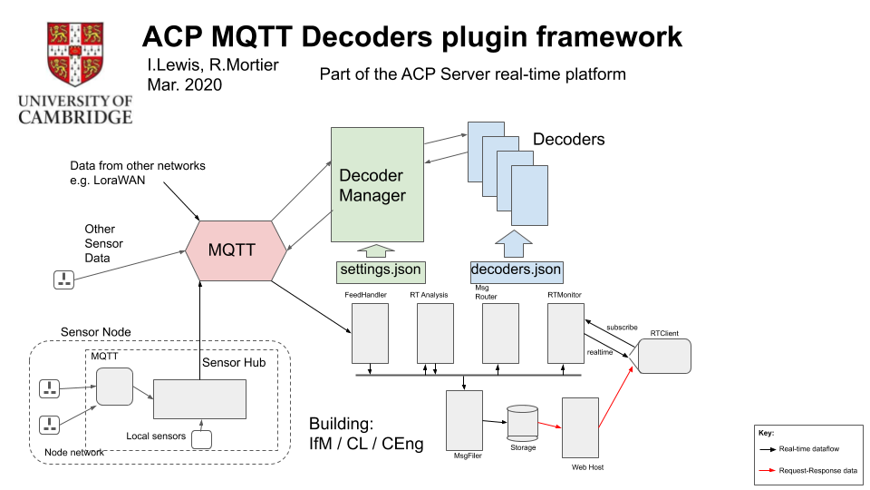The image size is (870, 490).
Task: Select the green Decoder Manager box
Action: point(377,185)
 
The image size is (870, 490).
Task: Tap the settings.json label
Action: point(378,269)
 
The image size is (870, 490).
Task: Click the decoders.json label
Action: point(516,269)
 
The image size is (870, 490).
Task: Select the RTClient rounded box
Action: point(663,356)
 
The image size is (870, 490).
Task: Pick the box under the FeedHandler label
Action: point(370,332)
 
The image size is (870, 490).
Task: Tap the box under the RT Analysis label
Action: point(435,332)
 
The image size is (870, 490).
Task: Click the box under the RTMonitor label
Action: point(565,332)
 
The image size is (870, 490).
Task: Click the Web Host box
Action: point(581,426)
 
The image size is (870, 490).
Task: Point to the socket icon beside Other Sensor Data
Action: point(63,279)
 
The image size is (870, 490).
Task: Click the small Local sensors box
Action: point(201,439)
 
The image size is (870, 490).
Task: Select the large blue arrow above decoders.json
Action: point(515,244)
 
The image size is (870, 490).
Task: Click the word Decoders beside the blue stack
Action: point(568,140)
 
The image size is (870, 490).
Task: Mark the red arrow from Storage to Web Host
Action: point(550,423)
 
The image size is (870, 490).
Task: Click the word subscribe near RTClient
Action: point(622,327)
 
